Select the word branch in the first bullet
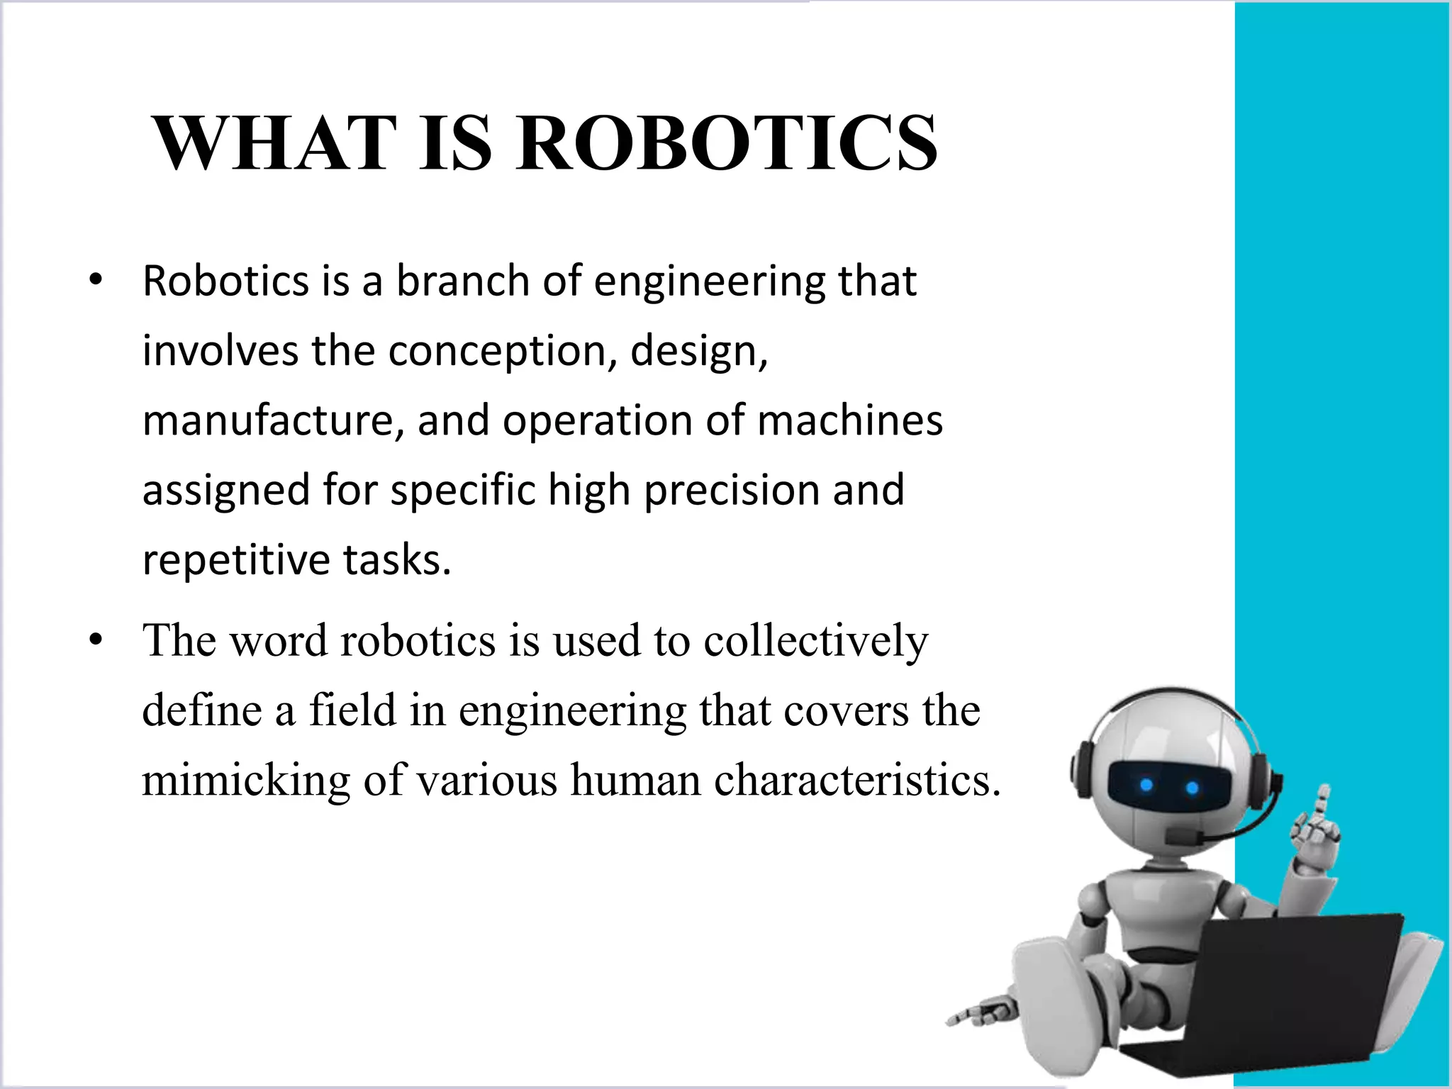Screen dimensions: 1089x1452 [462, 281]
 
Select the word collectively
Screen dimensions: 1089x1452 [815, 641]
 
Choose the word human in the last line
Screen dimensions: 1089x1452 [635, 780]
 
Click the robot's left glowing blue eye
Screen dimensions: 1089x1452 [1146, 785]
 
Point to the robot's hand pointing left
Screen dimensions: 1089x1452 [975, 1014]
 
